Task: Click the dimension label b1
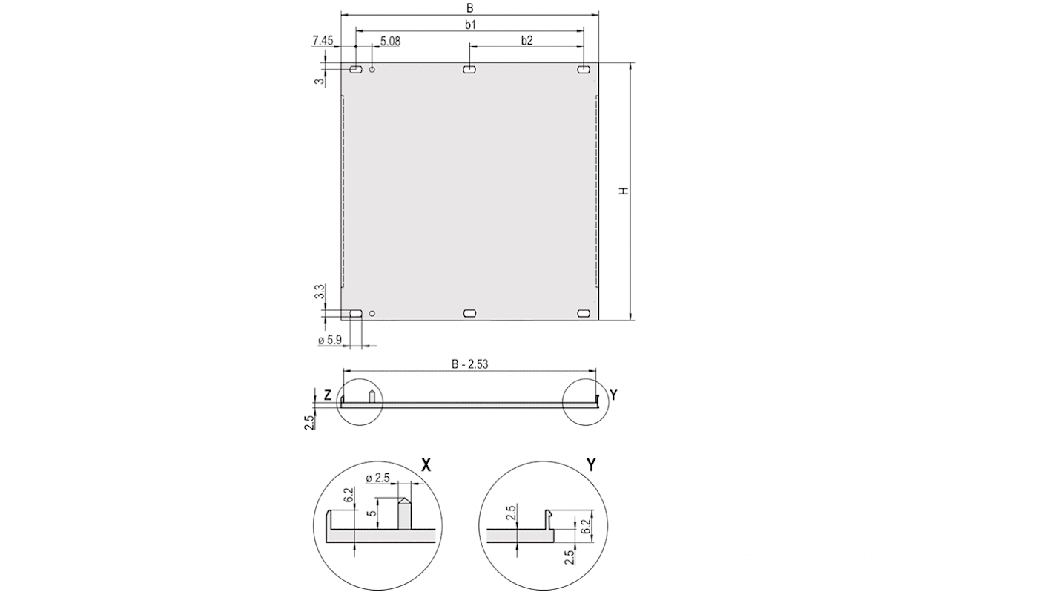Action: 469,24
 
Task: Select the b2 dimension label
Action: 526,41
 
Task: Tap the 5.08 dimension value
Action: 390,42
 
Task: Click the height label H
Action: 624,191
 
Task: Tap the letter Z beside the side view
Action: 327,395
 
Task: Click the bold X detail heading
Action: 426,465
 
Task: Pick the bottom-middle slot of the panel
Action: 469,314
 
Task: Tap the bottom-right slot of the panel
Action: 584,314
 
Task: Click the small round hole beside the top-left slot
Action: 372,70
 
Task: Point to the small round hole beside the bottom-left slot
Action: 372,314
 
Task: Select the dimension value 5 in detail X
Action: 375,512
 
